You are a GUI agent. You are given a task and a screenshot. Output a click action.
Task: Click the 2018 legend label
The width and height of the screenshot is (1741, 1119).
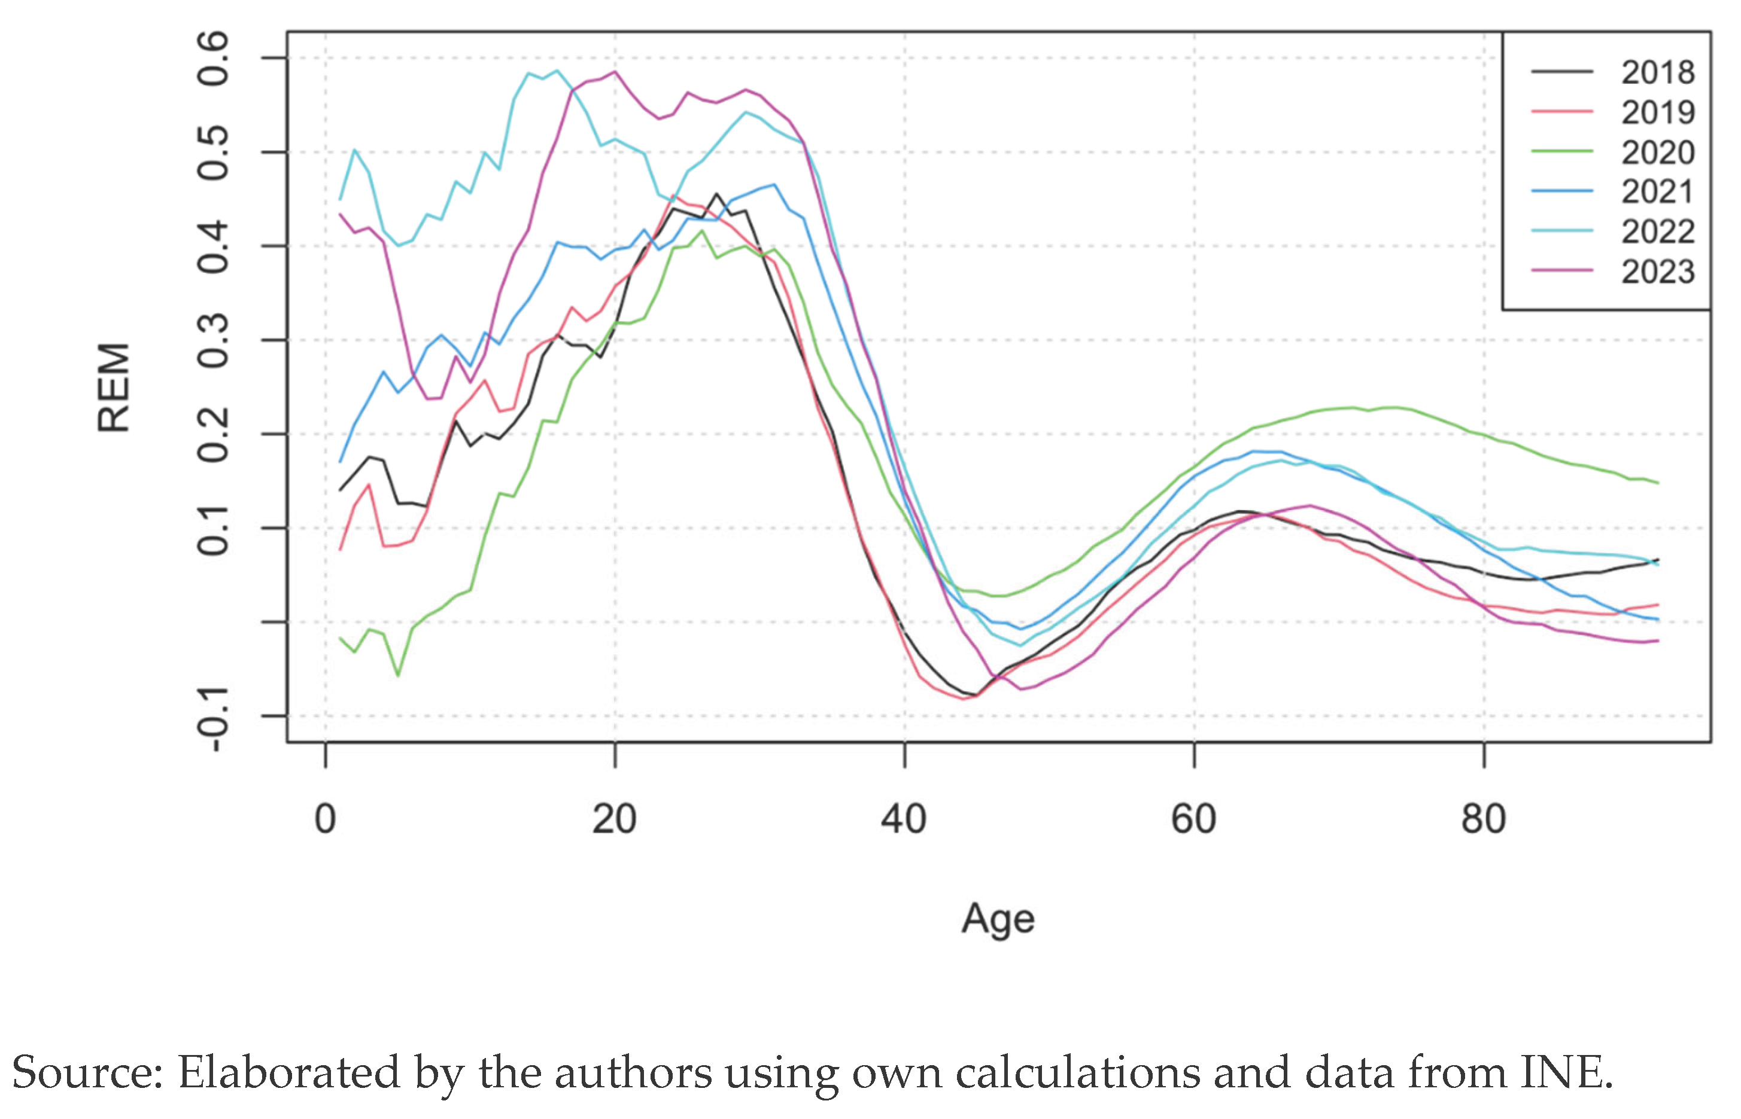click(x=1657, y=72)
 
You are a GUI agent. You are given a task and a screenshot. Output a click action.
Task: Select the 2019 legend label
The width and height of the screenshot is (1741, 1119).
click(x=1657, y=112)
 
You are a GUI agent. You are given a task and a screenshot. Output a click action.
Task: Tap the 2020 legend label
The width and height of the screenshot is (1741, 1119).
click(x=1657, y=153)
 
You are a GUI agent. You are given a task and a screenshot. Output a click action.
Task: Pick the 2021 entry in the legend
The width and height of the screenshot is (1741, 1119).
click(x=1657, y=192)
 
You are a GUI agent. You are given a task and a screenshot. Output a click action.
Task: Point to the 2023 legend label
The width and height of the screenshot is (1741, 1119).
click(x=1657, y=272)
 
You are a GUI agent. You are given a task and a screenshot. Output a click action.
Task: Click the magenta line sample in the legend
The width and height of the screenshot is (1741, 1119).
click(x=1561, y=270)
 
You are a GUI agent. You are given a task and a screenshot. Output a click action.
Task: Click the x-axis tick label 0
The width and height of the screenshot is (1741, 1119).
click(x=325, y=819)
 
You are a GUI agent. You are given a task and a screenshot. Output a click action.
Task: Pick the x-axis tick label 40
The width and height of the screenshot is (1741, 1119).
click(x=904, y=819)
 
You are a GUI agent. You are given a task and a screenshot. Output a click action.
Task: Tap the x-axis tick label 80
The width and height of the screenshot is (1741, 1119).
click(x=1483, y=819)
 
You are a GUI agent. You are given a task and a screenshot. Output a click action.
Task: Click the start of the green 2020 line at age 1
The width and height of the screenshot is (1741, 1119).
click(x=340, y=638)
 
